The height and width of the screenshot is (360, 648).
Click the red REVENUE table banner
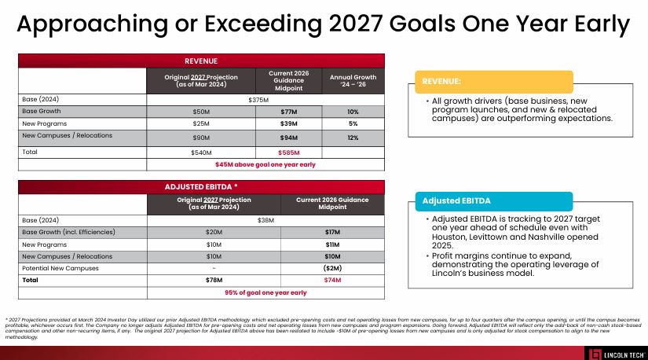pos(201,61)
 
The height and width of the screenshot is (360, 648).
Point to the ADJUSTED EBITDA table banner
pos(201,187)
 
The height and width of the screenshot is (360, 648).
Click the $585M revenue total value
pos(289,152)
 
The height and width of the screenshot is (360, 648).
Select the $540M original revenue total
pos(201,152)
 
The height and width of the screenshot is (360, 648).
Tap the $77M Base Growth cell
pos(289,112)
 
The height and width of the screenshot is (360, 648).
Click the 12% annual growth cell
pos(353,138)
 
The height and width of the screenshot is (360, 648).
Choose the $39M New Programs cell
pos(289,124)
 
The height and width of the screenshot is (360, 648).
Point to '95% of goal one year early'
pos(265,292)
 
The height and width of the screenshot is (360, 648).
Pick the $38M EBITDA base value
pos(265,220)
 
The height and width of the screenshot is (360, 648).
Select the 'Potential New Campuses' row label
pos(60,268)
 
